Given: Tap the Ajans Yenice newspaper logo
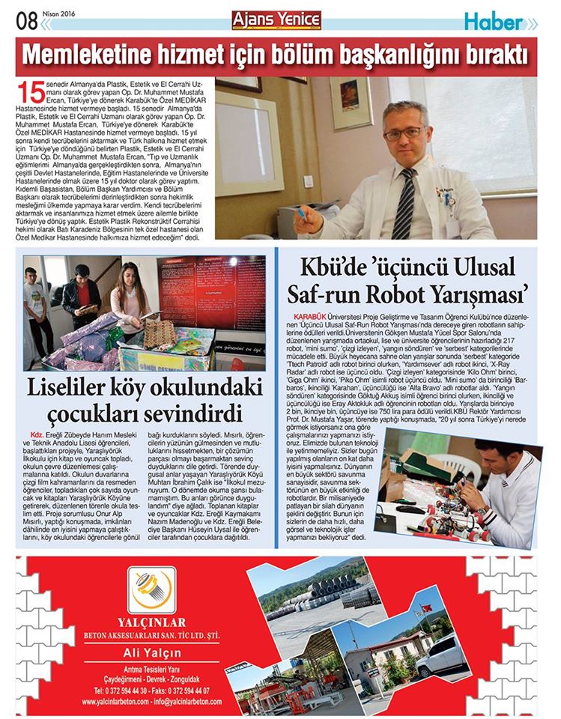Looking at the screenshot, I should pos(276,20).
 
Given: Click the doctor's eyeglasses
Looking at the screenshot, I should pos(404,133).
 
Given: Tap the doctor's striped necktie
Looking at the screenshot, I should pos(405,202).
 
